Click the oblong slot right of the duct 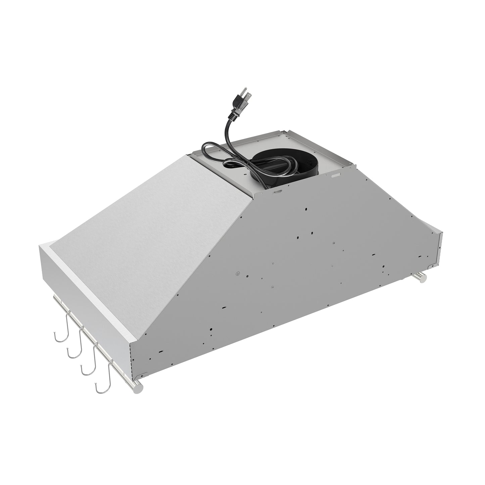336,176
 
